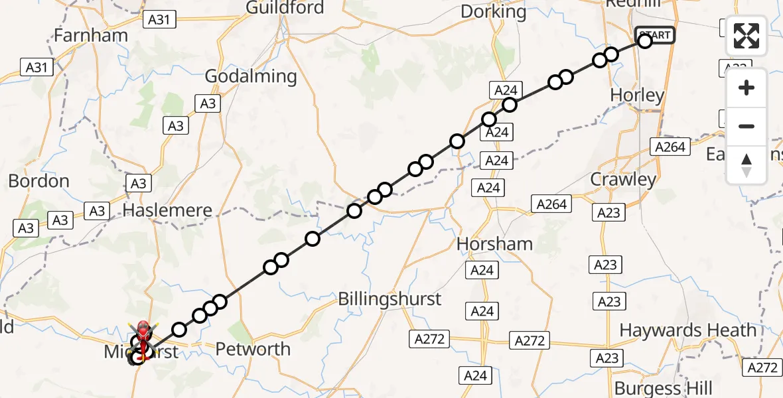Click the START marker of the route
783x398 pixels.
pyautogui.click(x=655, y=35)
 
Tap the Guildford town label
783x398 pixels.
pyautogui.click(x=285, y=8)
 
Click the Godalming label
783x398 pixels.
pyautogui.click(x=250, y=76)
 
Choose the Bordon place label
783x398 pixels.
pyautogui.click(x=38, y=181)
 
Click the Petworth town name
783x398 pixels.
pyautogui.click(x=253, y=349)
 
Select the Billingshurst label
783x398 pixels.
pyautogui.click(x=390, y=298)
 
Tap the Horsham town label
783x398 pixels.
pyautogui.click(x=494, y=243)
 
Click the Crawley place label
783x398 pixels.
pyautogui.click(x=623, y=179)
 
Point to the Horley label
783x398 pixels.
pyautogui.click(x=637, y=96)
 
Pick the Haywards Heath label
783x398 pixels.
pyautogui.click(x=687, y=330)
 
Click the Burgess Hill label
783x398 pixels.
pyautogui.click(x=664, y=388)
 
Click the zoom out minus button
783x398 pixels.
pyautogui.click(x=747, y=126)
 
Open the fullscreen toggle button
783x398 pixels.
pyautogui.click(x=747, y=36)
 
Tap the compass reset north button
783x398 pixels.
pyautogui.click(x=747, y=165)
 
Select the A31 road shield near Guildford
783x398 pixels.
pyautogui.click(x=159, y=20)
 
